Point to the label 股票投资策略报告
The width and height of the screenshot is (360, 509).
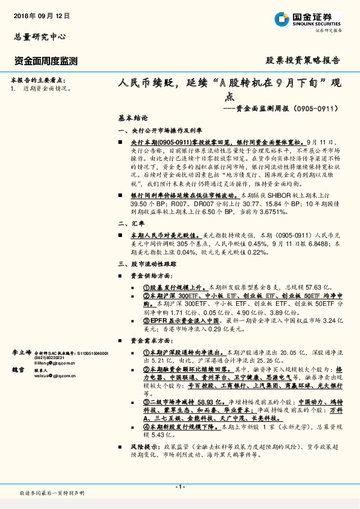point(303,60)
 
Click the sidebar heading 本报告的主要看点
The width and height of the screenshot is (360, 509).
point(37,80)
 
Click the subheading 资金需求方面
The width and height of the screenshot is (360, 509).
point(150,342)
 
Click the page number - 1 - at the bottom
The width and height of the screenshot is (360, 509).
point(180,487)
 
